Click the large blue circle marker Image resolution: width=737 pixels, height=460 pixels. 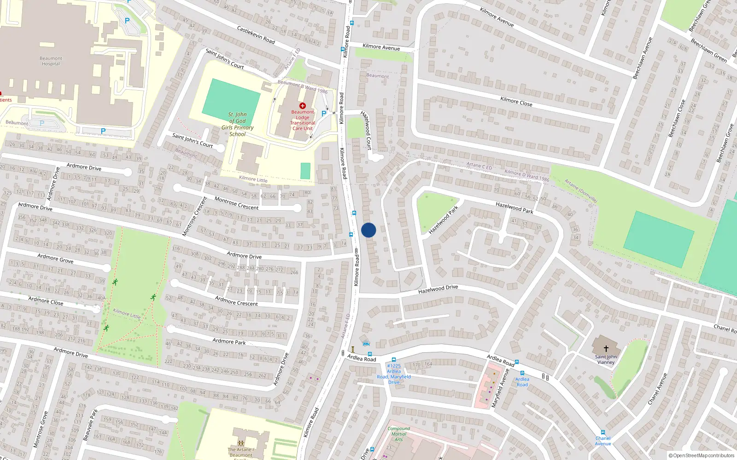point(368,230)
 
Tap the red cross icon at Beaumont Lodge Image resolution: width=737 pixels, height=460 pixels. point(303,106)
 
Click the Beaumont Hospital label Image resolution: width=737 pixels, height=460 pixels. point(51,61)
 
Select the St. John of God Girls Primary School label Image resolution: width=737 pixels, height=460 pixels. point(237,124)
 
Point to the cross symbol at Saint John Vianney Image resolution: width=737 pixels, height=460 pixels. point(606,349)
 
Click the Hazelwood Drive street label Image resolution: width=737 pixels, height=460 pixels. point(438,289)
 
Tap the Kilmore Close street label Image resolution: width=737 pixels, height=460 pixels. point(516,102)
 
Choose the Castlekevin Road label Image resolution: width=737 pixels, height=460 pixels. point(256,35)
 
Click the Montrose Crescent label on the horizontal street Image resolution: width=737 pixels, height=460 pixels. point(236,203)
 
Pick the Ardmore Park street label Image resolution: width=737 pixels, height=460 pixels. point(229,341)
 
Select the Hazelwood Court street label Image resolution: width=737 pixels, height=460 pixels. point(366,130)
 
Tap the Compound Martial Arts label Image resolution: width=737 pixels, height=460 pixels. point(399,434)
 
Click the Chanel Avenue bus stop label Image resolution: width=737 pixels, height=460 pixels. point(602,441)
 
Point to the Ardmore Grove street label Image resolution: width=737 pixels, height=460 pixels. point(55,259)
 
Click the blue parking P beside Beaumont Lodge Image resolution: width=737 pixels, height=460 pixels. point(324,114)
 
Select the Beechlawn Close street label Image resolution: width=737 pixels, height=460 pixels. point(677,118)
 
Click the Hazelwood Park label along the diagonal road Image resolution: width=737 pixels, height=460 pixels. point(514,208)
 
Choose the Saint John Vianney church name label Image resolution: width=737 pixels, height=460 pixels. point(606,359)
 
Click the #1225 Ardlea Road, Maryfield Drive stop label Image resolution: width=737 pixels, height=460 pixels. point(394,374)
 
